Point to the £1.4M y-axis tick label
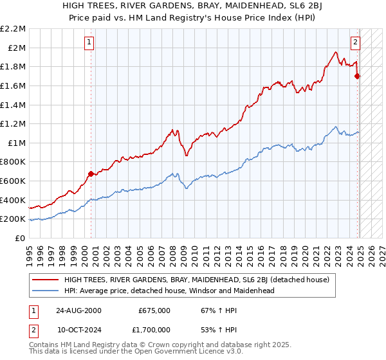tap(14, 105)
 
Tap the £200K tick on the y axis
tap(14, 219)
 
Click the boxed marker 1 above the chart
tap(89, 43)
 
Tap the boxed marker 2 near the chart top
tap(354, 43)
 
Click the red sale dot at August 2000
tap(91, 174)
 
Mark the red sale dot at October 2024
tap(357, 76)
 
